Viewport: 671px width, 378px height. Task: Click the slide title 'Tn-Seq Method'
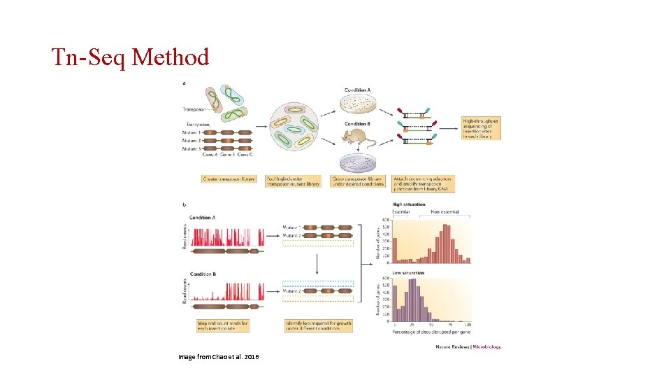point(131,57)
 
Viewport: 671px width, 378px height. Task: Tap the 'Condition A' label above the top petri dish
point(359,90)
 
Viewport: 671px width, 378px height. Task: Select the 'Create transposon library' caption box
point(227,179)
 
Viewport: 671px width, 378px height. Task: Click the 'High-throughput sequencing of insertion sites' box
point(481,128)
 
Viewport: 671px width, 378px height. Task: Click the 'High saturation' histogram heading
point(409,204)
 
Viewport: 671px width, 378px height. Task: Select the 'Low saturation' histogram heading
point(407,272)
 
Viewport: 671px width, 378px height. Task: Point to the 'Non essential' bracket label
point(445,211)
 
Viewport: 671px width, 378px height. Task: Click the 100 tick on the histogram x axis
point(468,325)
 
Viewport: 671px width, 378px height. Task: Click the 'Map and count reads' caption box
point(223,325)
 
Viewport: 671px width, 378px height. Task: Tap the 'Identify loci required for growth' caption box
point(318,325)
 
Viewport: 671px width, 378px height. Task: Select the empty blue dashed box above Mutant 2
point(318,284)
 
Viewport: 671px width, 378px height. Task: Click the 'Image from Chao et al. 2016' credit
point(219,357)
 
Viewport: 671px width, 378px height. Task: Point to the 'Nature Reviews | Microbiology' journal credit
point(468,346)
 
